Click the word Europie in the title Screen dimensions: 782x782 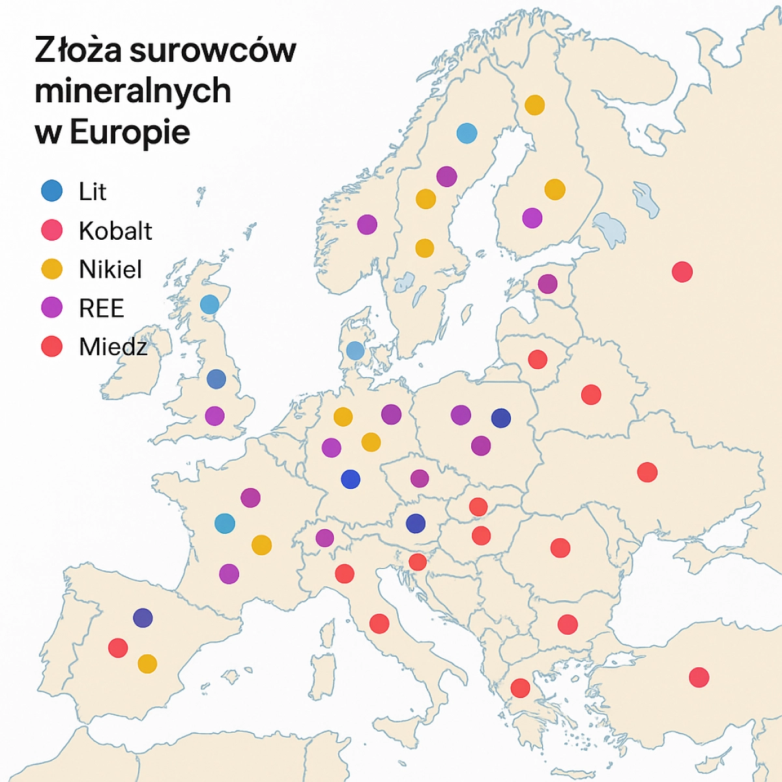130,132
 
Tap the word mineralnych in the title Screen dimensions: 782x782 133,91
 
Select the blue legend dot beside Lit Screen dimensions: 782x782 52,191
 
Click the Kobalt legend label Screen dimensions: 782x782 115,231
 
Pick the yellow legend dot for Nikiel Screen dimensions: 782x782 52,269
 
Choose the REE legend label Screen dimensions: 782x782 102,308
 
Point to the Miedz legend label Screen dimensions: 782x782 113,347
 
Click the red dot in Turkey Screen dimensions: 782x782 699,677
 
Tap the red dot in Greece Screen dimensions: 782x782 520,688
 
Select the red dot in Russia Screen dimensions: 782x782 682,271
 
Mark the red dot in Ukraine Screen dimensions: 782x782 647,472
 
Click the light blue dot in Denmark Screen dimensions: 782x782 355,351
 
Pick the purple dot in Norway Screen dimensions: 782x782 367,224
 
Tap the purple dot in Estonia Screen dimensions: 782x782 547,283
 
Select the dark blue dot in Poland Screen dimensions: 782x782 500,418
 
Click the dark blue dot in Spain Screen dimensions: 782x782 143,617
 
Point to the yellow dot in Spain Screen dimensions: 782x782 147,663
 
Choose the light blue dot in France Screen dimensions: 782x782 225,523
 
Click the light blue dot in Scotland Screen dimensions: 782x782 210,304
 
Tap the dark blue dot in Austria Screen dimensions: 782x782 415,523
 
